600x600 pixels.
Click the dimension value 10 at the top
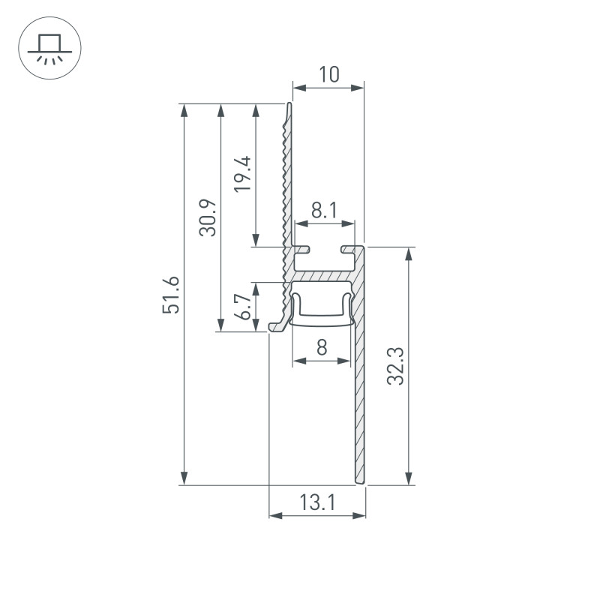point(328,74)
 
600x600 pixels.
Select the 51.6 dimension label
point(172,295)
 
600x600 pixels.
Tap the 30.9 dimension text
point(209,217)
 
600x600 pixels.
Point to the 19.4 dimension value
point(243,175)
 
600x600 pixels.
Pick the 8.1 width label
point(324,211)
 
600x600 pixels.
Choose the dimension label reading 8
point(322,348)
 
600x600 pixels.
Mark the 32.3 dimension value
point(397,366)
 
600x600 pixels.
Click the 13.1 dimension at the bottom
point(317,503)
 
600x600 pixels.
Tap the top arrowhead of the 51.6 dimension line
point(184,109)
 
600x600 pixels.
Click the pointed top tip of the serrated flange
point(289,105)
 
